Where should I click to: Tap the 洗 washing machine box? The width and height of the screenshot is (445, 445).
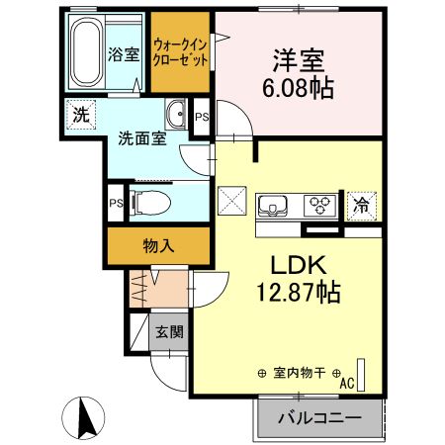[79, 114]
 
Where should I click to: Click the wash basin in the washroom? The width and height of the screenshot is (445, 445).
[175, 115]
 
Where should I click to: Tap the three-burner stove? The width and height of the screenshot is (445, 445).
[319, 207]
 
